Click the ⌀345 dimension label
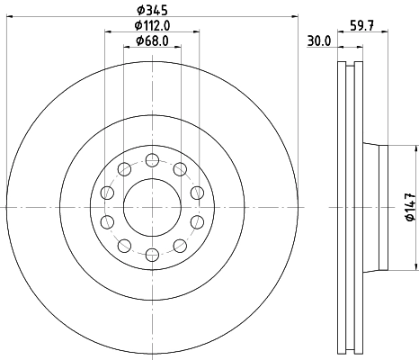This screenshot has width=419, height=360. click(x=152, y=11)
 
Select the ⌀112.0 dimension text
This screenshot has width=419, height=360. click(x=152, y=26)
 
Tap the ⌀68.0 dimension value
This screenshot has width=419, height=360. click(x=152, y=40)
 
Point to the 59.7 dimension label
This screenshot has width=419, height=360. click(x=361, y=25)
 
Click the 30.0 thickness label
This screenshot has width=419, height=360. click(x=319, y=41)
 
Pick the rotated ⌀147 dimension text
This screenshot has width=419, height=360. click(x=410, y=207)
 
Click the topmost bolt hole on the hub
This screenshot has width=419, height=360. click(x=152, y=160)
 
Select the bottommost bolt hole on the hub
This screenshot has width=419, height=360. click(x=152, y=255)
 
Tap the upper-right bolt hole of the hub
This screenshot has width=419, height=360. click(x=180, y=169)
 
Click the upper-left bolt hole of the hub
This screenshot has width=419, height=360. click(x=124, y=169)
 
